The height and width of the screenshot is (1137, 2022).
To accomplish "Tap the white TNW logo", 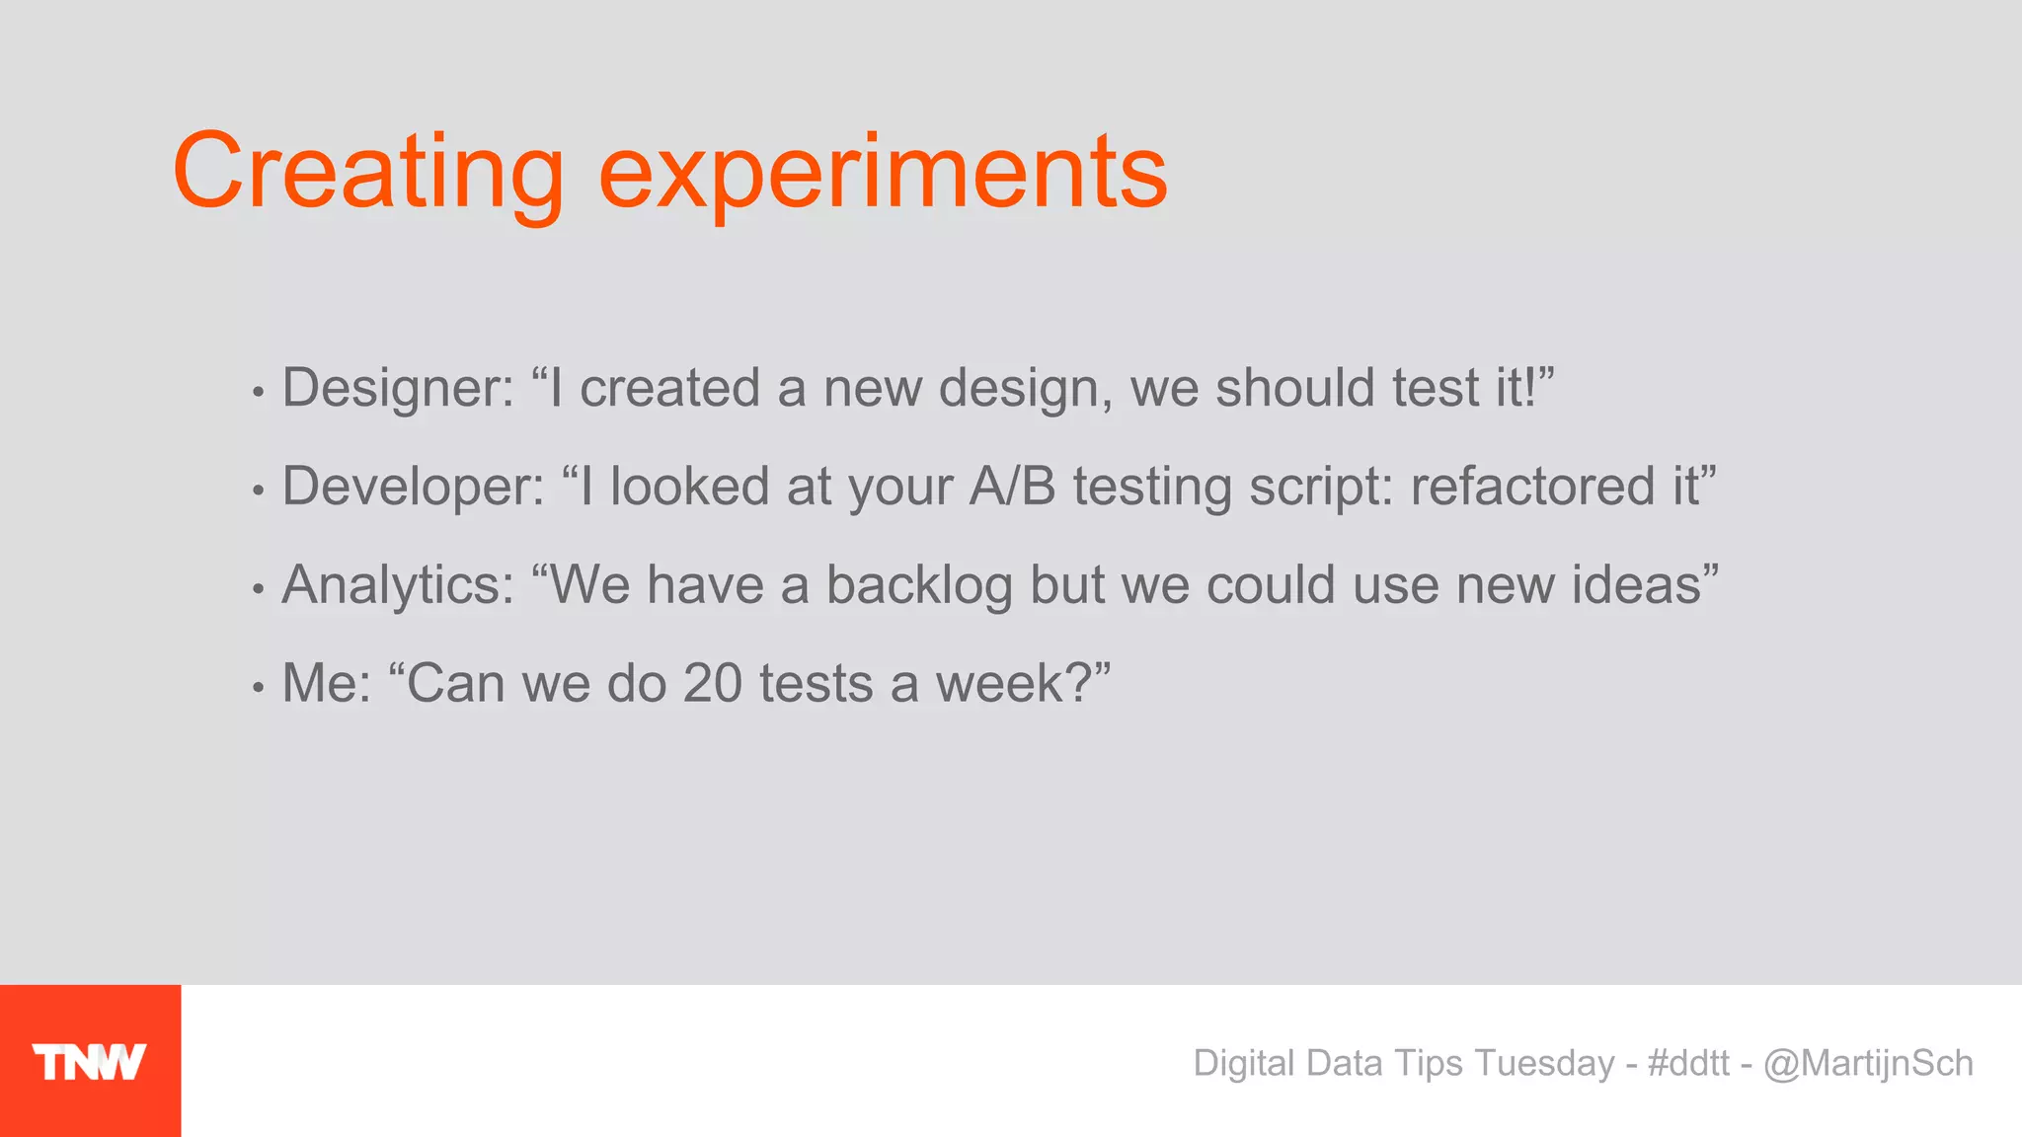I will click(x=89, y=1062).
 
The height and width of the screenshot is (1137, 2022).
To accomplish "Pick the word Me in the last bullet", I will click(x=316, y=683).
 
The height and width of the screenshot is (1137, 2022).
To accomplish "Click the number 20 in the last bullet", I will click(x=712, y=683).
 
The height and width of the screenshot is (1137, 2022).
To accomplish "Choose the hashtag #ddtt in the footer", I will click(x=1688, y=1063).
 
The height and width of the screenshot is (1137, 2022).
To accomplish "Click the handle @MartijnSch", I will click(x=1868, y=1063).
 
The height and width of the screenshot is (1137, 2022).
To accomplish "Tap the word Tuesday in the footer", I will click(x=1544, y=1063).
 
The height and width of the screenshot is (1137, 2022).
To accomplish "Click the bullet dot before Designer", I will click(x=258, y=393).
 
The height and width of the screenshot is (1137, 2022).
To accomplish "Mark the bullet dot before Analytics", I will click(x=258, y=590).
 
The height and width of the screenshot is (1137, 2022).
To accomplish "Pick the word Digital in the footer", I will click(x=1244, y=1063).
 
